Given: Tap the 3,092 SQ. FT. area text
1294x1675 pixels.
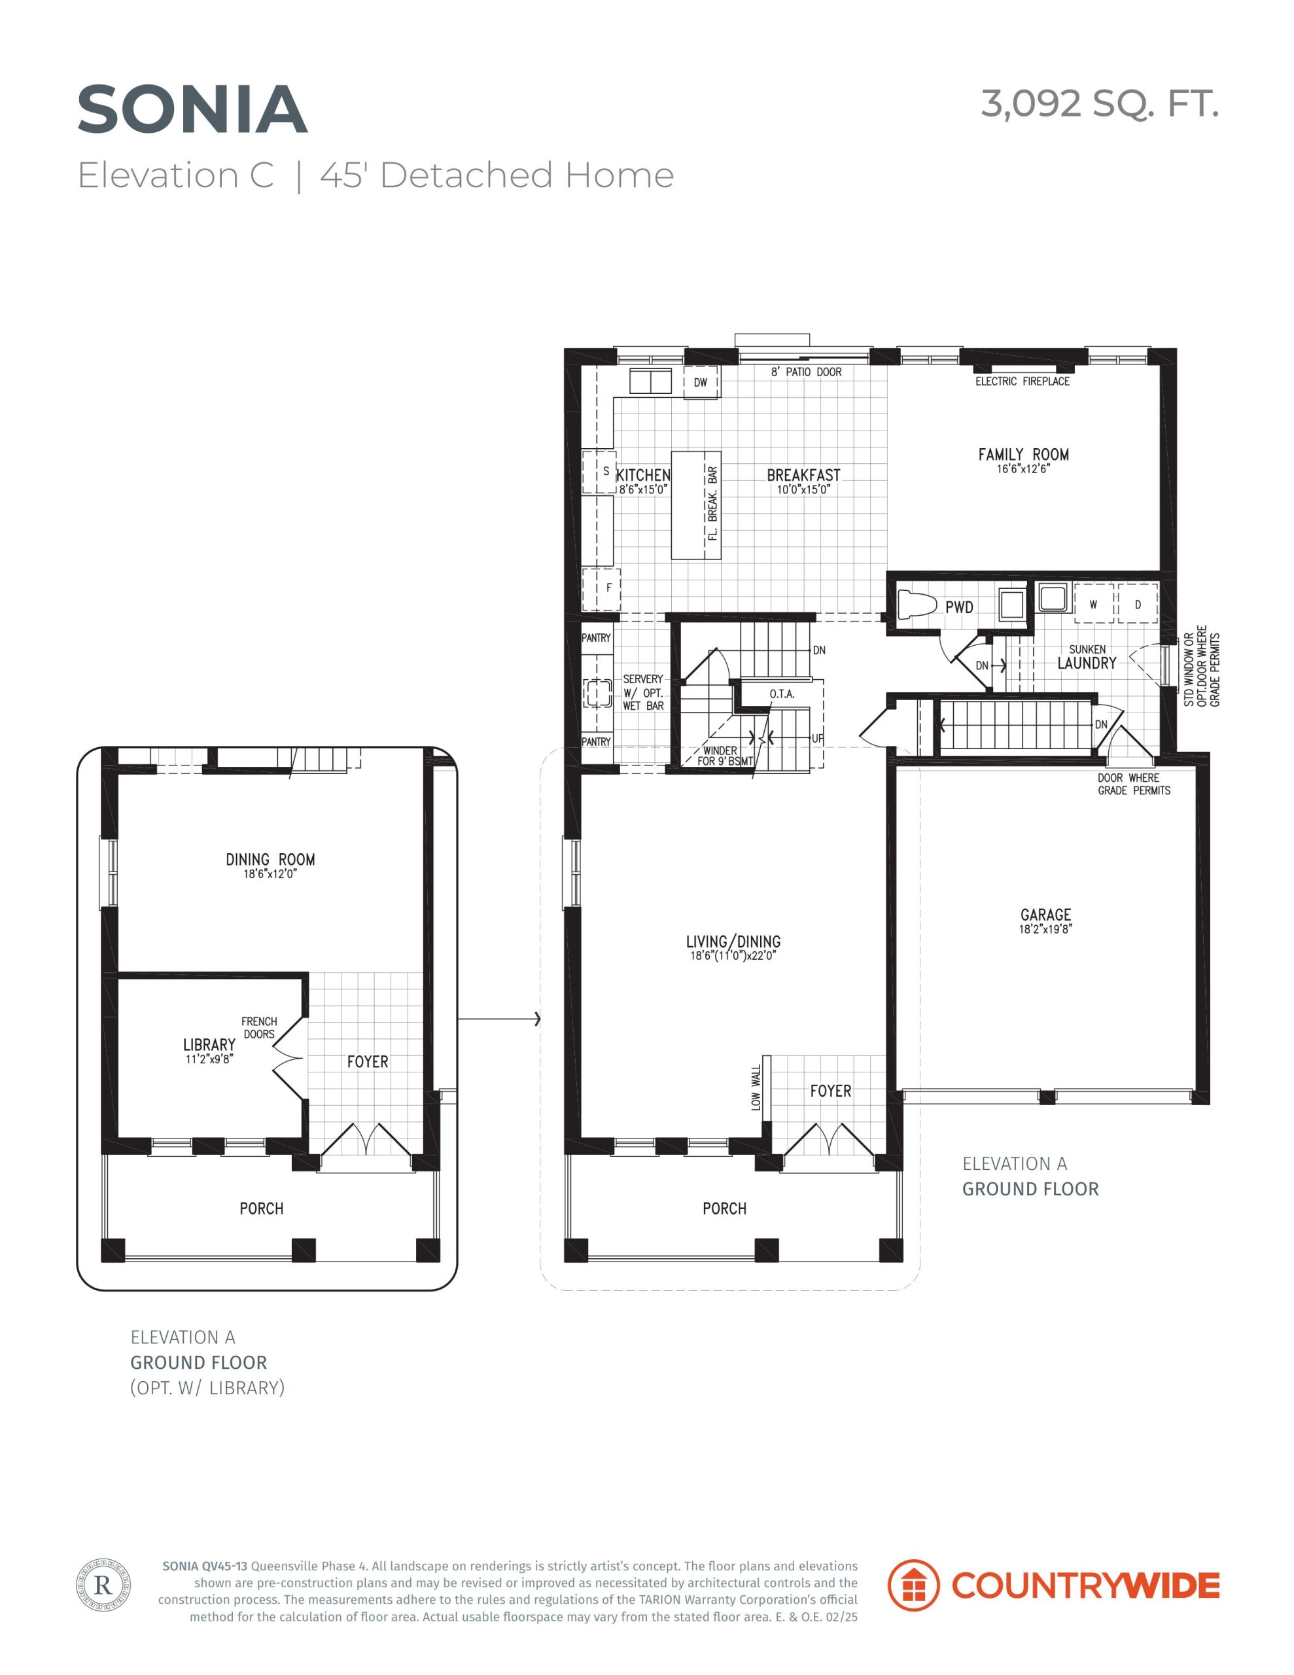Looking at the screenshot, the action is pyautogui.click(x=1100, y=104).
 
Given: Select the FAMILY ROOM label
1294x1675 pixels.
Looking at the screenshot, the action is pyautogui.click(x=1023, y=455).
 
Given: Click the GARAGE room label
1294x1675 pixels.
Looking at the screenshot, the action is pyautogui.click(x=1045, y=915).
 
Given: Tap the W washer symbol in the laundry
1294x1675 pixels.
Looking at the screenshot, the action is pyautogui.click(x=1093, y=605).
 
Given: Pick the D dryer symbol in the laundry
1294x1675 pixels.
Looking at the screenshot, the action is pyautogui.click(x=1138, y=605).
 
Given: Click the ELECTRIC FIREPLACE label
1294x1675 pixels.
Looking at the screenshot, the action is pyautogui.click(x=1023, y=381).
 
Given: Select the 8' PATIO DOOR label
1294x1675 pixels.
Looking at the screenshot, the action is pyautogui.click(x=806, y=372).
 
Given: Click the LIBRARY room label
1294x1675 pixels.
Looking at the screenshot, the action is pyautogui.click(x=209, y=1044).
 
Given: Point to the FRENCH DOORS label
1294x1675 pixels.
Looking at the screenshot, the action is pyautogui.click(x=259, y=1028).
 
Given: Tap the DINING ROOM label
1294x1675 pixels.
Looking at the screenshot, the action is pyautogui.click(x=270, y=860).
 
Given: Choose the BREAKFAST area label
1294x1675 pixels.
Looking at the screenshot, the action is pyautogui.click(x=803, y=476).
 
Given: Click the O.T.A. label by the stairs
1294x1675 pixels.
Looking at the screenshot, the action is pyautogui.click(x=782, y=694).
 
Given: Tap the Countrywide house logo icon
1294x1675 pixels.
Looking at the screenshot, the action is pyautogui.click(x=913, y=1585).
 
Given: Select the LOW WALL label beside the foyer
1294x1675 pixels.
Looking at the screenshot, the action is pyautogui.click(x=756, y=1087).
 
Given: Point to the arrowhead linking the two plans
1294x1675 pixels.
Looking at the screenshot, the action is pyautogui.click(x=538, y=1019).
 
